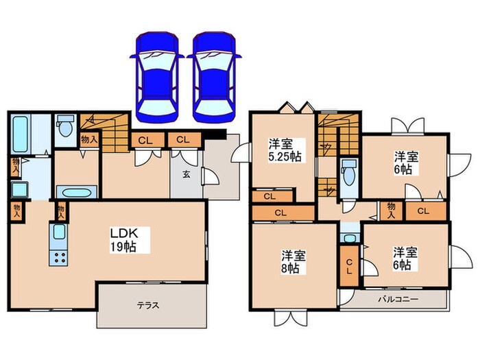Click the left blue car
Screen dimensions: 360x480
[x=156, y=73]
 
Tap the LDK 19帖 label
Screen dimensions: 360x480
[x=124, y=239]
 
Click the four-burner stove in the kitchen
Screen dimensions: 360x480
[x=57, y=258]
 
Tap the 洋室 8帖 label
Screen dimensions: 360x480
[x=293, y=261]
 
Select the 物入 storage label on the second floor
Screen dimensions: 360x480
[x=392, y=210]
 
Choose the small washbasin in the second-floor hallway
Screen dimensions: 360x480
[x=349, y=237]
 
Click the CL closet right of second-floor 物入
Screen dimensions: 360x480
[x=424, y=211]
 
